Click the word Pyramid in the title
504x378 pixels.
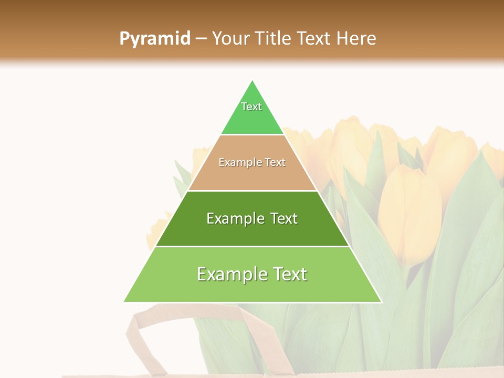pyautogui.click(x=155, y=39)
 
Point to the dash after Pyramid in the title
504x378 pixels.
pyautogui.click(x=201, y=39)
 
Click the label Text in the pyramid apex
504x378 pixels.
pyautogui.click(x=251, y=107)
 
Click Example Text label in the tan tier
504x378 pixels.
pyautogui.click(x=252, y=162)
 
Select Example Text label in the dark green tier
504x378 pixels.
pyautogui.click(x=252, y=218)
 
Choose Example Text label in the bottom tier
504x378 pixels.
pyautogui.click(x=252, y=274)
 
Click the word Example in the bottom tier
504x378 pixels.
pyautogui.click(x=228, y=274)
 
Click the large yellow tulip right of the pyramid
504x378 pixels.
pyautogui.click(x=409, y=210)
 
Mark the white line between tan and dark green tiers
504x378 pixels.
pyautogui.click(x=252, y=191)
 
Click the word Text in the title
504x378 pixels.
pyautogui.click(x=314, y=39)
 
